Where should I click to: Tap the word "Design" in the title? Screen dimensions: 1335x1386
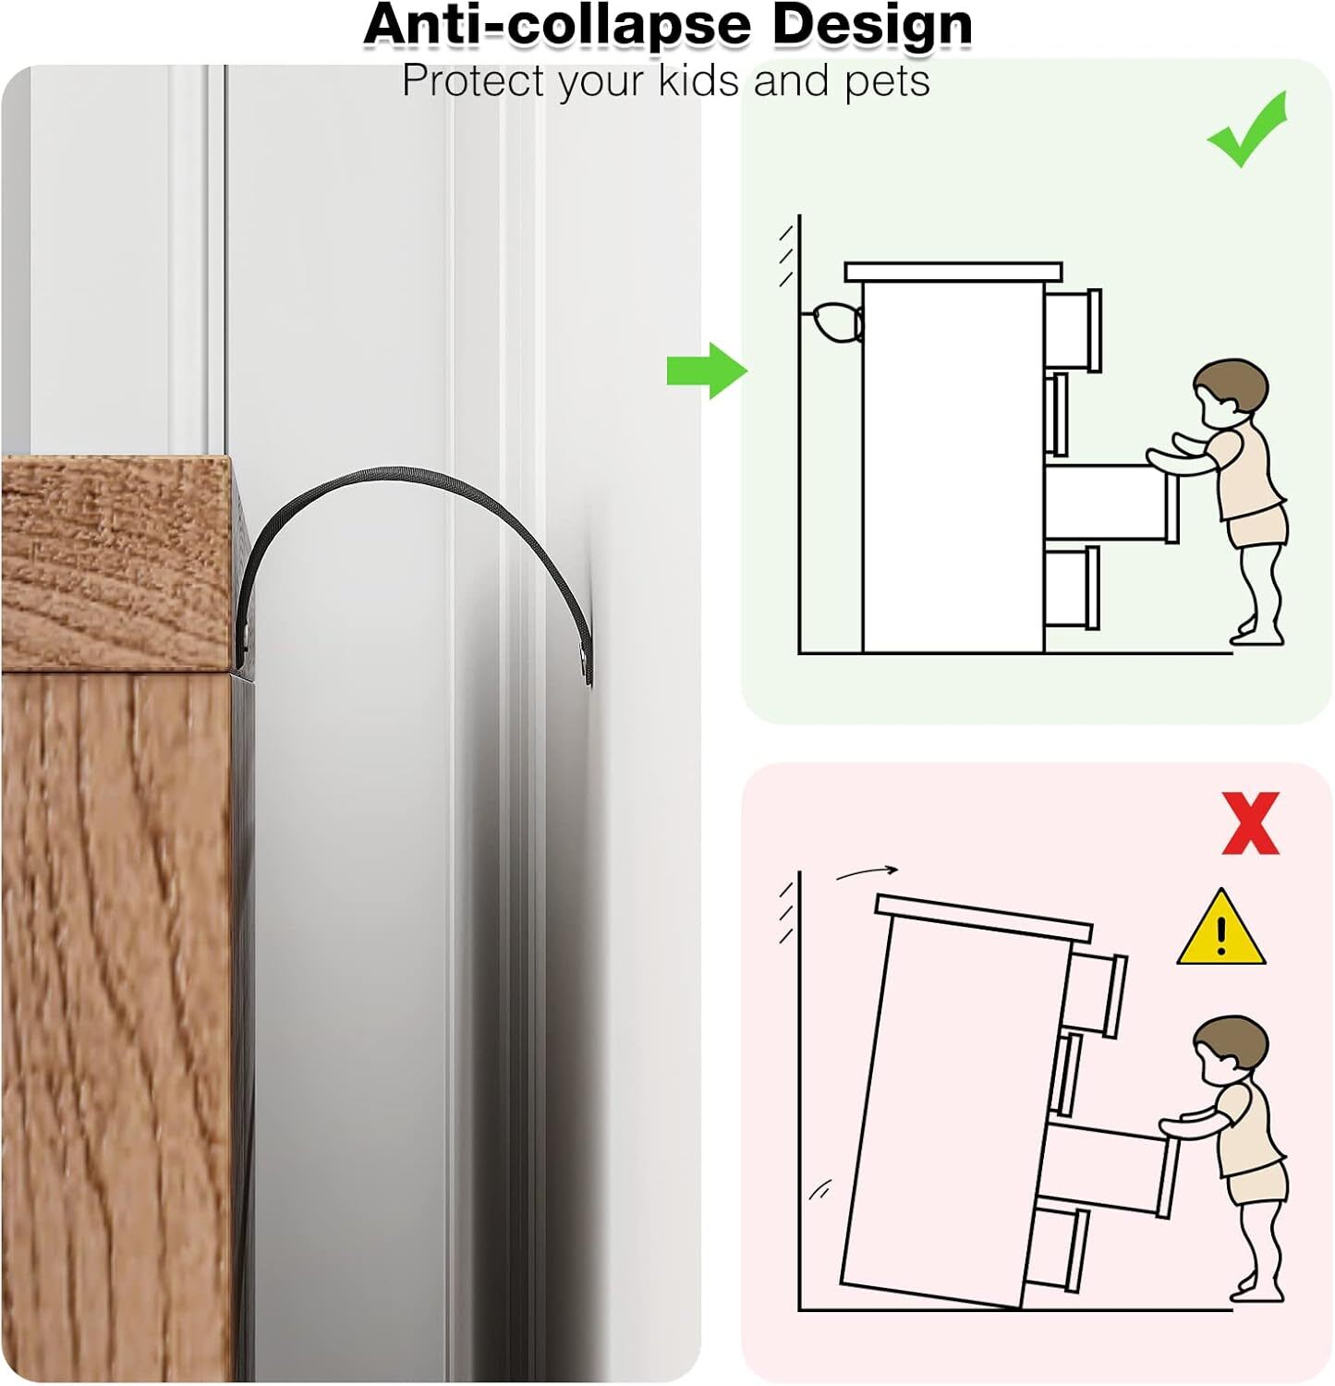(x=872, y=24)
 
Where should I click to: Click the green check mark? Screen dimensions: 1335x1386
(x=1247, y=131)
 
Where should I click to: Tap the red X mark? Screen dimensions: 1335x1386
(x=1251, y=822)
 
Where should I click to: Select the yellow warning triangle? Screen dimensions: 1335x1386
(x=1221, y=930)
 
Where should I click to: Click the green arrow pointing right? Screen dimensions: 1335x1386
(x=707, y=371)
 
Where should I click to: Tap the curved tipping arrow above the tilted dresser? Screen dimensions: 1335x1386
(x=867, y=871)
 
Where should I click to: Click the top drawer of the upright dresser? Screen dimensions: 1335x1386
(x=1073, y=330)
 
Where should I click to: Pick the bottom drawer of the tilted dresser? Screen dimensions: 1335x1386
(x=1059, y=1248)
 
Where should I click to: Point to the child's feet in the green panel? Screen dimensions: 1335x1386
(x=1256, y=634)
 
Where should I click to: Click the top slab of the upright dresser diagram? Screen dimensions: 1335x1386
(x=953, y=272)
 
